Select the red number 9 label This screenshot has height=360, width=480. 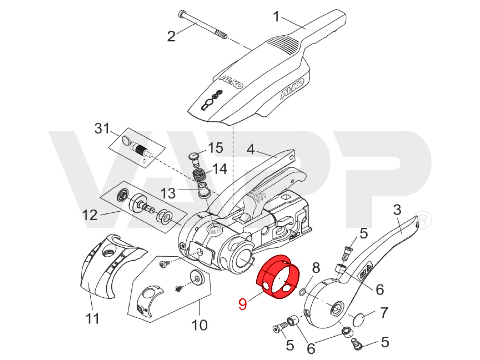[x=242, y=304]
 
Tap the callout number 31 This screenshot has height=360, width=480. [x=102, y=129]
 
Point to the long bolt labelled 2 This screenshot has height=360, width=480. [x=201, y=26]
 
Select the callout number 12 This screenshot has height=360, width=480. [x=89, y=215]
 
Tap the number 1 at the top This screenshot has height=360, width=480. [x=276, y=17]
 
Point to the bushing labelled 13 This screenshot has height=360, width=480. [x=203, y=190]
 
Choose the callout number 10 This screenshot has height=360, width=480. [x=199, y=325]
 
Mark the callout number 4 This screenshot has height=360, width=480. [x=251, y=150]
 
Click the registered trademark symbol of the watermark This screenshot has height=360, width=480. [x=424, y=220]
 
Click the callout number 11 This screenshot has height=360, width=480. [x=92, y=318]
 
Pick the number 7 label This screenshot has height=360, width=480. [x=384, y=312]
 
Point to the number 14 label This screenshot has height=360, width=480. [x=219, y=169]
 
